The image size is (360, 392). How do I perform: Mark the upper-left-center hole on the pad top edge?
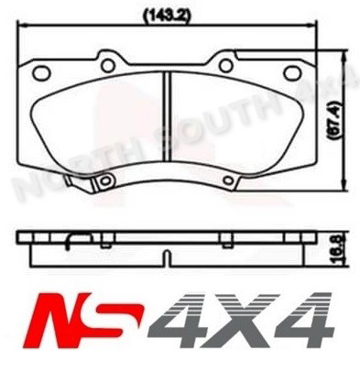coord(106,65)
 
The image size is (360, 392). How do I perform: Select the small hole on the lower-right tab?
coord(226,180)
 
